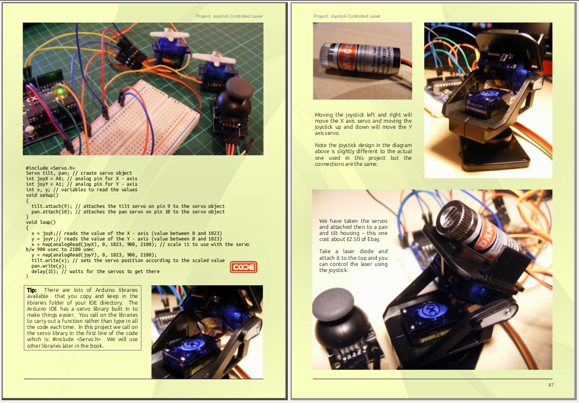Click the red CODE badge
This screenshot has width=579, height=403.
tap(244, 268)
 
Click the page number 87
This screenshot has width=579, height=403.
tap(551, 385)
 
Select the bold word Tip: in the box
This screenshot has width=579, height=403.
tap(32, 290)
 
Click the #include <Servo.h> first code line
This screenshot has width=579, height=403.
tap(50, 168)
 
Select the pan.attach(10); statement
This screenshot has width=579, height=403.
tap(52, 211)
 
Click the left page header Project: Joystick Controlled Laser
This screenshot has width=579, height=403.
tap(229, 16)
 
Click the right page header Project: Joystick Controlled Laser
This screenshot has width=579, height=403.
tap(347, 16)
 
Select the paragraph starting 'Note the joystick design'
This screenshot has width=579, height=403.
tap(363, 154)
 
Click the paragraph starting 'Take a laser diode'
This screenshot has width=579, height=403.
tap(353, 260)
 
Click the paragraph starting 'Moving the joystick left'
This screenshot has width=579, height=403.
tap(363, 123)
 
